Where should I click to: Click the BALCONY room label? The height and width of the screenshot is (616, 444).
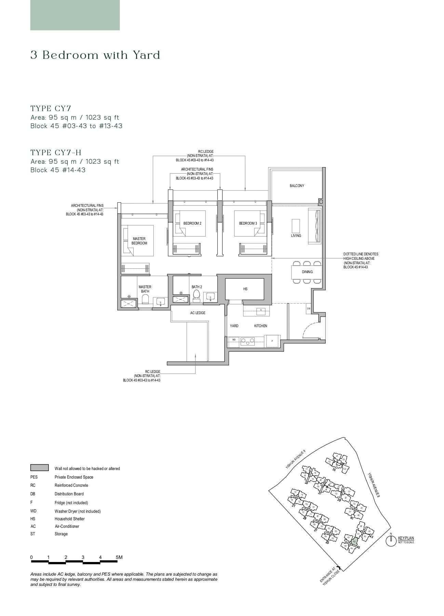tap(297, 186)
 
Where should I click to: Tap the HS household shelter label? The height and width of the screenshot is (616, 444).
tap(245, 289)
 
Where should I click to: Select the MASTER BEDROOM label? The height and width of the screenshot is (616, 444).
tap(139, 241)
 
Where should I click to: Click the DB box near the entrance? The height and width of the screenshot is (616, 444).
tap(309, 308)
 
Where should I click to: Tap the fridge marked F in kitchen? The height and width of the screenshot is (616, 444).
tap(272, 341)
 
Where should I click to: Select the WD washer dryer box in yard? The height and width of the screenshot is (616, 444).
tap(234, 340)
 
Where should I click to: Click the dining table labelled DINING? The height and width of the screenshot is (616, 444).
tap(307, 272)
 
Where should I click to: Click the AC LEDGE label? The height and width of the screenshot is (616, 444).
tap(198, 313)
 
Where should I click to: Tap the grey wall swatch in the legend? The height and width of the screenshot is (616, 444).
tap(39, 468)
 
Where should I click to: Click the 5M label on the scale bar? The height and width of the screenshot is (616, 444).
tap(119, 557)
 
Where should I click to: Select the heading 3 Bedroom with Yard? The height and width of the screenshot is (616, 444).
tap(95, 55)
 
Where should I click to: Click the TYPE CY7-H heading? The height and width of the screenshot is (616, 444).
tap(56, 152)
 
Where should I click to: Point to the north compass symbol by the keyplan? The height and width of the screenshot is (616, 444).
tap(390, 540)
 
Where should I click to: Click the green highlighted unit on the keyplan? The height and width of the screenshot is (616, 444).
tap(354, 541)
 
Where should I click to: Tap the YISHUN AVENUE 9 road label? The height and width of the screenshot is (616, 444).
tap(295, 460)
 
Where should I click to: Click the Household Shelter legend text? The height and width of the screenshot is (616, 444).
tap(69, 519)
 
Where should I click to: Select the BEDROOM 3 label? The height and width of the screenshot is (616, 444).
tap(248, 223)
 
